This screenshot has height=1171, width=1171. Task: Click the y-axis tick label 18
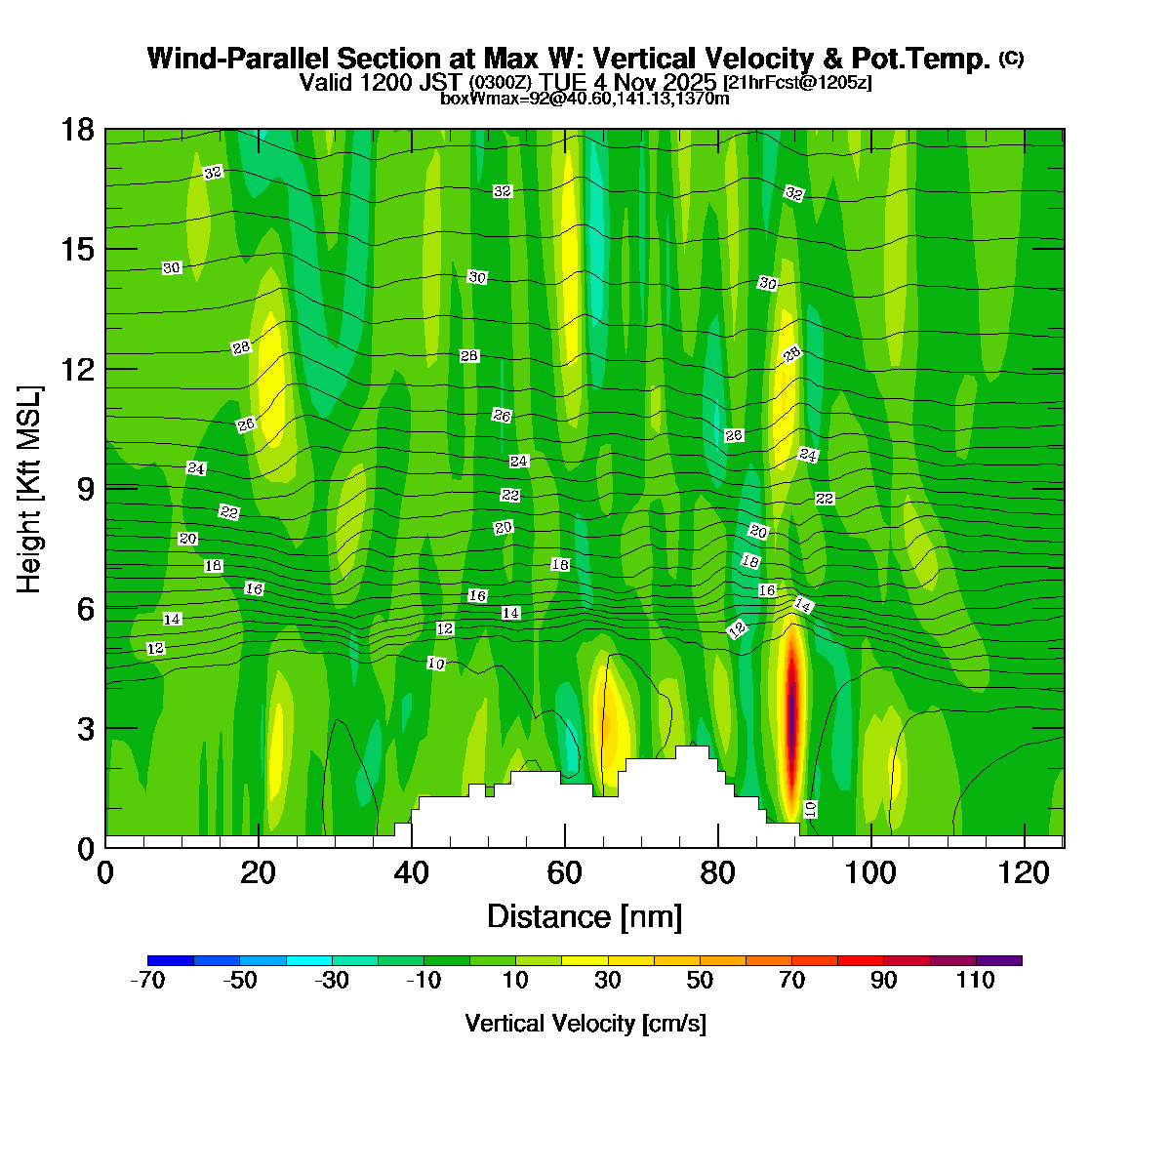[x=77, y=130]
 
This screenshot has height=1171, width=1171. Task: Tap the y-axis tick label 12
[x=77, y=369]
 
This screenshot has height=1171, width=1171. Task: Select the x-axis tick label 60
[x=564, y=872]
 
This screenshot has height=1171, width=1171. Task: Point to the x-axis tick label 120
[x=1024, y=872]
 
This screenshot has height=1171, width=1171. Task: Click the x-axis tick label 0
[x=105, y=872]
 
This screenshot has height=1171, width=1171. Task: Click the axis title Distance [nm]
[x=584, y=917]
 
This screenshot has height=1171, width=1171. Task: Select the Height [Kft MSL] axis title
[x=30, y=488]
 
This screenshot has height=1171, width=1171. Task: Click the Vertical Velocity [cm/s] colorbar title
[x=585, y=1024]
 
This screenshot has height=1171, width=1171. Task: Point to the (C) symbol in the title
[x=1011, y=59]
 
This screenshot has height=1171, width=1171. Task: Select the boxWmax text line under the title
[x=585, y=99]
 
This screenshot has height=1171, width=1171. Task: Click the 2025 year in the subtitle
[x=691, y=82]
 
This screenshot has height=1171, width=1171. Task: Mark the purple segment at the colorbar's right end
[x=998, y=960]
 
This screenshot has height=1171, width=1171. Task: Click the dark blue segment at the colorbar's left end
[x=170, y=960]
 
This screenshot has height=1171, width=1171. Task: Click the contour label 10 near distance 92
[x=810, y=808]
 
